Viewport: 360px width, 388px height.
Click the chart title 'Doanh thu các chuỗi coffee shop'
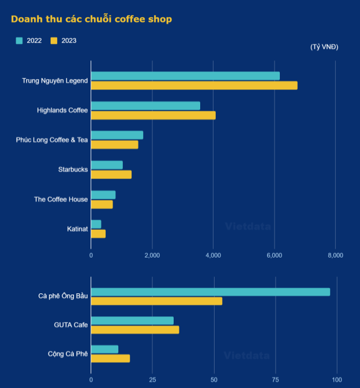pyautogui.click(x=91, y=19)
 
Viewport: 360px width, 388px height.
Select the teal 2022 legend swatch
pyautogui.click(x=19, y=40)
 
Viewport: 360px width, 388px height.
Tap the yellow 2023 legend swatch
pyautogui.click(x=54, y=40)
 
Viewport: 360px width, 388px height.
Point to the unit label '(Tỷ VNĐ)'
pyautogui.click(x=324, y=47)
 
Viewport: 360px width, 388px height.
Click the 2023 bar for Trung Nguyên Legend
pyautogui.click(x=194, y=85)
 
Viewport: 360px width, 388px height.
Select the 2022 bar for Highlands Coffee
pyautogui.click(x=145, y=106)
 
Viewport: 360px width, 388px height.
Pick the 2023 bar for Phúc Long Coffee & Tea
pyautogui.click(x=114, y=145)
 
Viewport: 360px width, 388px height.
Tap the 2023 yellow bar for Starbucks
pyautogui.click(x=111, y=175)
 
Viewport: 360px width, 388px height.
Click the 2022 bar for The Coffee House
pyautogui.click(x=103, y=195)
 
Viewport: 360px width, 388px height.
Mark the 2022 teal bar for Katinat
pyautogui.click(x=96, y=224)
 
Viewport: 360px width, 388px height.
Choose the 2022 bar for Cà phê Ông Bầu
pyautogui.click(x=211, y=292)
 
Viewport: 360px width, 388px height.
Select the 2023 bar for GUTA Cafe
pyautogui.click(x=135, y=330)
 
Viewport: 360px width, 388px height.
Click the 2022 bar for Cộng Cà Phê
pyautogui.click(x=104, y=349)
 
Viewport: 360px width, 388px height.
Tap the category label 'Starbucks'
pyautogui.click(x=73, y=170)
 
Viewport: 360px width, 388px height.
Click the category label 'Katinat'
pyautogui.click(x=77, y=229)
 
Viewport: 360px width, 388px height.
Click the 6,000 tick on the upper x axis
pyautogui.click(x=274, y=255)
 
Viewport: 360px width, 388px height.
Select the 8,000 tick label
pyautogui.click(x=335, y=255)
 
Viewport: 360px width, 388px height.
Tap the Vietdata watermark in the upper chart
pyautogui.click(x=247, y=226)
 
